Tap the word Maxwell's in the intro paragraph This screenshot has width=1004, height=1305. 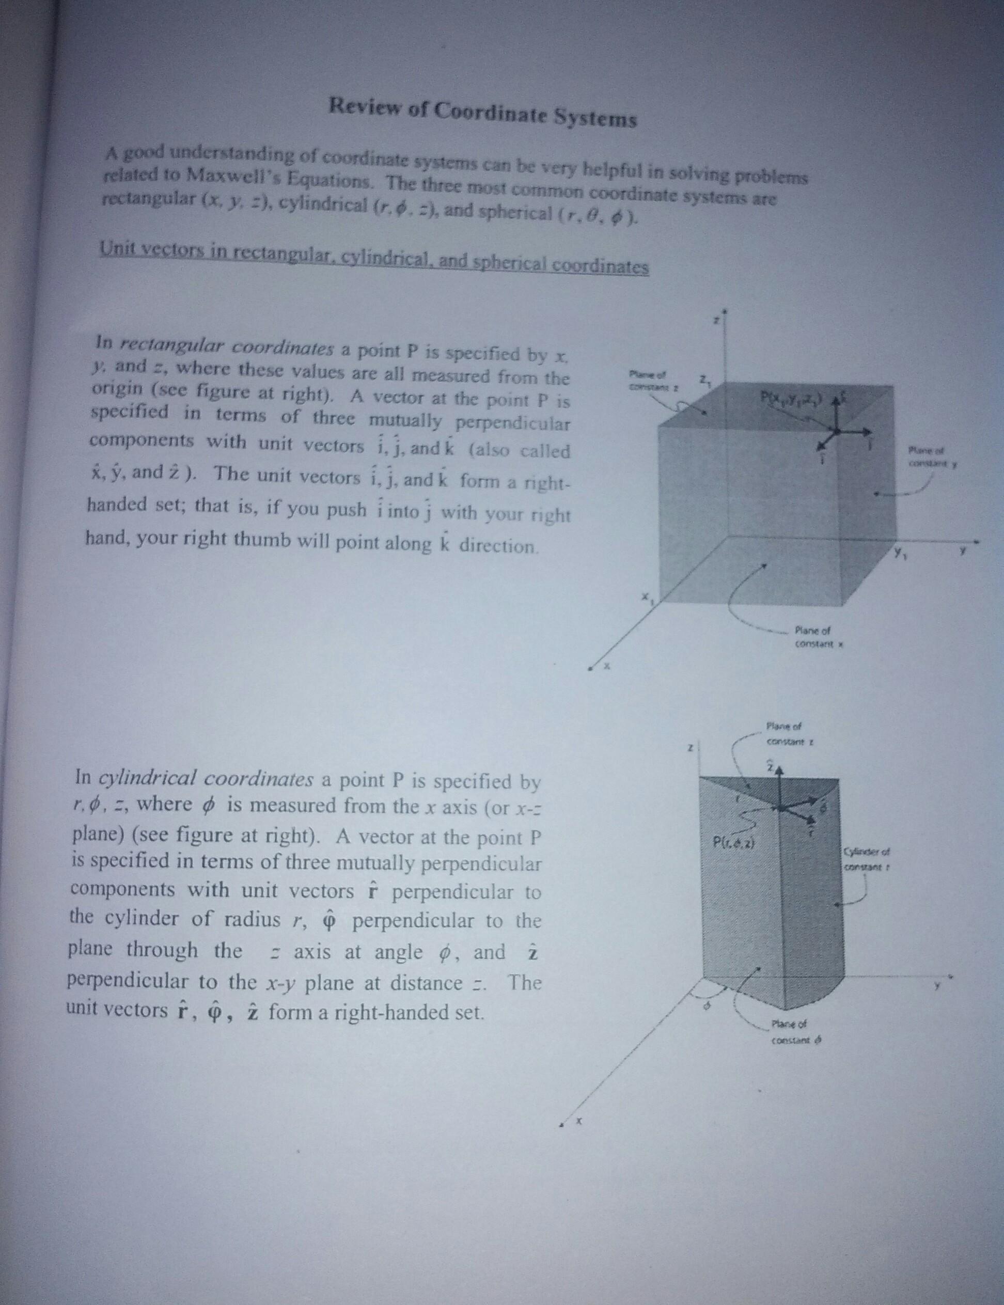224,176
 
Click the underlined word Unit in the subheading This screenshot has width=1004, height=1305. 117,247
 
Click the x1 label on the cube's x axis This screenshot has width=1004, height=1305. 647,598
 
